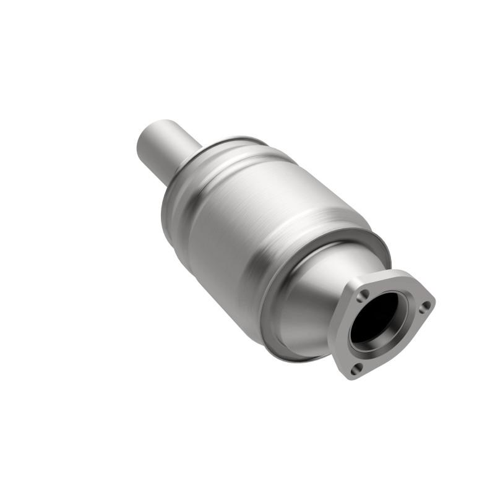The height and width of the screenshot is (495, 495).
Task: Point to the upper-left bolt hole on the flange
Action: (364, 294)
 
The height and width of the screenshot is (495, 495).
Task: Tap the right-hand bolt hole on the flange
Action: (424, 305)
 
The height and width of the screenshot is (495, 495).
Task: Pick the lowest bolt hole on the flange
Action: (355, 369)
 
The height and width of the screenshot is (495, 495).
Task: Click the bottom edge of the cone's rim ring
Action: (291, 353)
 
